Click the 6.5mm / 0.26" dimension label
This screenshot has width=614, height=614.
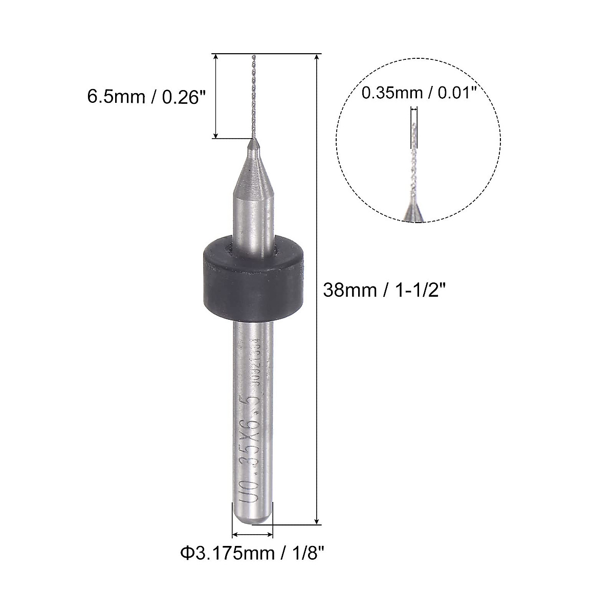tap(143, 96)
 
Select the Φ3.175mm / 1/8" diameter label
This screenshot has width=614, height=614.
tap(252, 553)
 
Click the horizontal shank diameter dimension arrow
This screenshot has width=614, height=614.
tap(252, 535)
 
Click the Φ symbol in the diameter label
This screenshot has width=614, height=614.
tap(185, 553)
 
